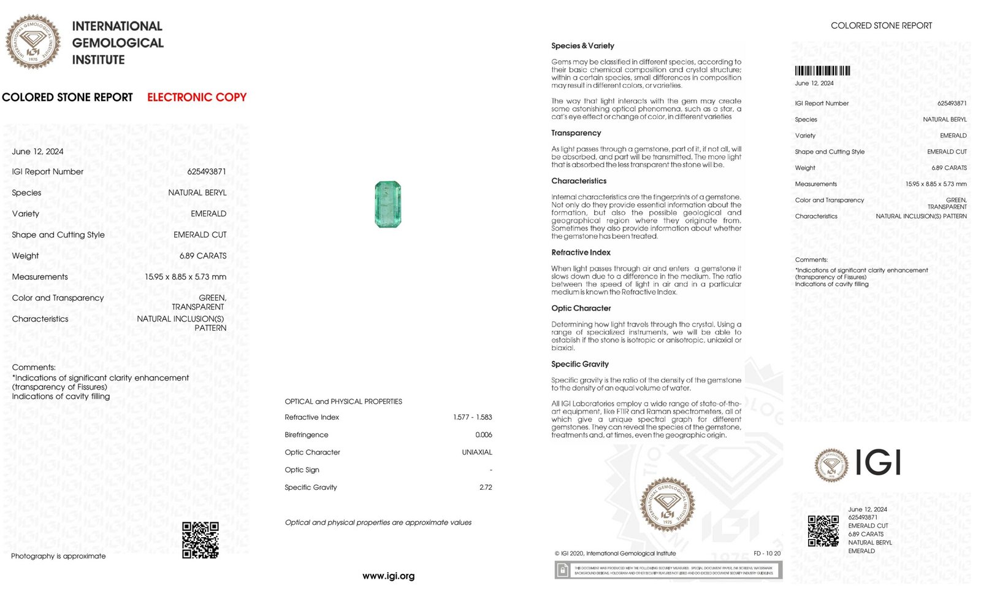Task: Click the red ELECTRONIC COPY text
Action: [196, 97]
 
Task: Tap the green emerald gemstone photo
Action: [387, 204]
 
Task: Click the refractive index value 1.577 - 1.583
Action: [472, 417]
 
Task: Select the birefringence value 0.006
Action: [483, 435]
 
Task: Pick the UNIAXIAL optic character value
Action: [476, 452]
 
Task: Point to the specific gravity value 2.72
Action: [485, 487]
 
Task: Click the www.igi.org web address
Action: [388, 576]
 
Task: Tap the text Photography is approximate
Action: [58, 556]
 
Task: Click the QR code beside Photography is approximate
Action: [200, 540]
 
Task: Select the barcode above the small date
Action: [822, 71]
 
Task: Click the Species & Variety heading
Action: [582, 45]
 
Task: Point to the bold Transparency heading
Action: [576, 133]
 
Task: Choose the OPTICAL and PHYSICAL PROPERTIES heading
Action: [343, 401]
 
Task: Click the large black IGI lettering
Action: [877, 463]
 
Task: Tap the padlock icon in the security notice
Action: [562, 570]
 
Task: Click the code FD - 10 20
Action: [767, 553]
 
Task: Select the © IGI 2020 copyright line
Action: [615, 553]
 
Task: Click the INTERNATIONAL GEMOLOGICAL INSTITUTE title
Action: [117, 43]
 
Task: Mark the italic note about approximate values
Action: [378, 522]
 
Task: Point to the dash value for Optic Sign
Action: [490, 470]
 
